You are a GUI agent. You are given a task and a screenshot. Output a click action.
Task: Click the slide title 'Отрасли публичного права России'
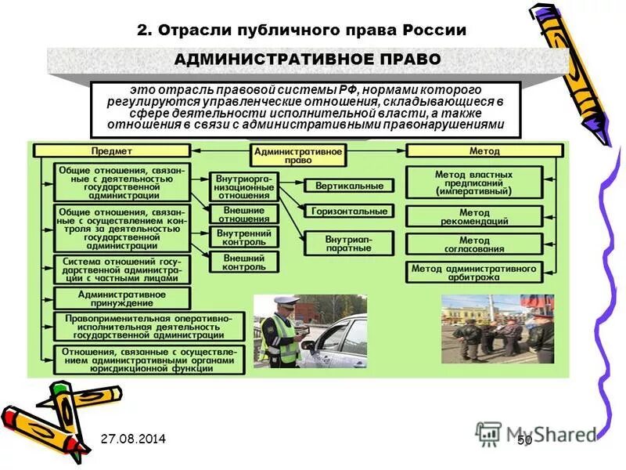pos(301,31)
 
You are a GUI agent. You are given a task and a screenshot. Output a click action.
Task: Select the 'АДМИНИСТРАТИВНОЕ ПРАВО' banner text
pos(308,60)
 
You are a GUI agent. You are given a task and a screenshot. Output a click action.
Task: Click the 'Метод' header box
pos(485,150)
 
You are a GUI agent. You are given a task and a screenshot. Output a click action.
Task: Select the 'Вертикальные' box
pos(349,186)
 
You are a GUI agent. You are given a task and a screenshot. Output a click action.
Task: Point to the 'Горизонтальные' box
pos(349,211)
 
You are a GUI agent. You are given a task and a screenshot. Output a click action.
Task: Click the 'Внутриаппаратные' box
pos(349,242)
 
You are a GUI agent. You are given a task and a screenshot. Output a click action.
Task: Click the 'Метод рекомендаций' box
pos(474,217)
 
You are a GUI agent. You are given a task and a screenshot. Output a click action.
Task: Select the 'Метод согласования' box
pos(474,244)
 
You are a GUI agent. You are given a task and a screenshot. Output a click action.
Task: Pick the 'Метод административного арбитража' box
pos(474,273)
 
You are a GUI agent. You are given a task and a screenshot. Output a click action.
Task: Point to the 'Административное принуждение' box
pos(121,298)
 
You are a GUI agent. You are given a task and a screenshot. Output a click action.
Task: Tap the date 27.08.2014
pos(133,439)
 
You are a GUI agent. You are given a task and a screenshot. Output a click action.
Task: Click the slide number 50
pos(524,442)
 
